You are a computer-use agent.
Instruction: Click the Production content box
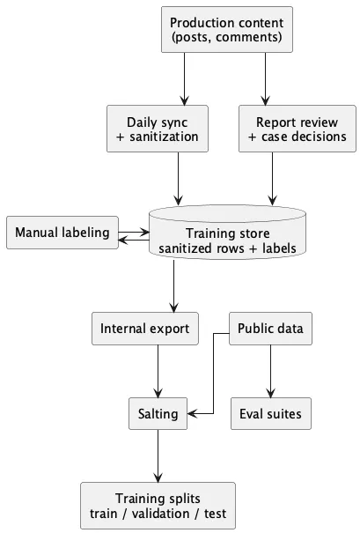coord(226,29)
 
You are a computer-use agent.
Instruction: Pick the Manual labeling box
coord(62,233)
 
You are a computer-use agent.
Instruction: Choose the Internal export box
coord(144,330)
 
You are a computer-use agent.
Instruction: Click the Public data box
coord(270,330)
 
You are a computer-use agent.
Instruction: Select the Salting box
coord(158,413)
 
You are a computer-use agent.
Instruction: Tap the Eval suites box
coord(270,413)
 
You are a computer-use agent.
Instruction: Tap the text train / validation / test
coord(158,513)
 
